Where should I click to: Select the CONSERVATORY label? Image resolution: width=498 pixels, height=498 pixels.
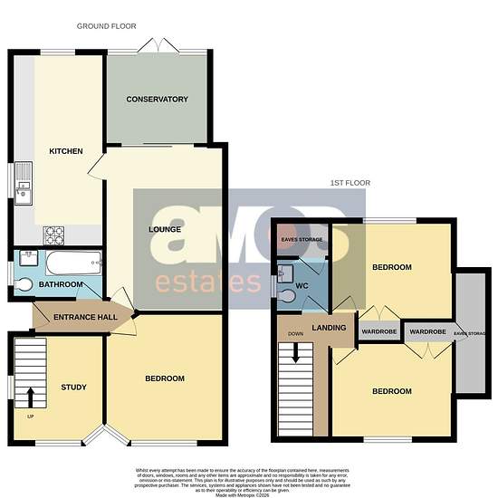(157, 100)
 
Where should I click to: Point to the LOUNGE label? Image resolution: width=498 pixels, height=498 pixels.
(165, 230)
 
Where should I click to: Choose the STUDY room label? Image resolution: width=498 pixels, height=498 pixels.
(73, 388)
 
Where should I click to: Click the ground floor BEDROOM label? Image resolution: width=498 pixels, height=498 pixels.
(164, 378)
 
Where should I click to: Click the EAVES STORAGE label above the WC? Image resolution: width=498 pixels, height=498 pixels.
(302, 240)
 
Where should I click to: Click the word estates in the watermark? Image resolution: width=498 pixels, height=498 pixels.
(207, 281)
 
